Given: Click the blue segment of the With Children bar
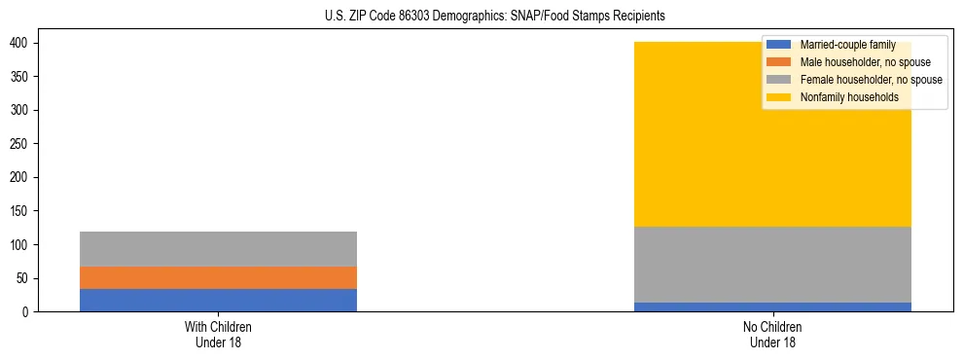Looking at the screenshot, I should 218,300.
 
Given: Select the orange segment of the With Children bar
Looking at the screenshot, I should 218,277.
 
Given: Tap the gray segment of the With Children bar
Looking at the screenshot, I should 218,248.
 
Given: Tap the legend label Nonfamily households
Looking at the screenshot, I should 848,97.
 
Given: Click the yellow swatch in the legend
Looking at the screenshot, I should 779,97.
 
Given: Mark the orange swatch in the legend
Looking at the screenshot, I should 779,62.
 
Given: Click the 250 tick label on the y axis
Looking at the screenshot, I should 27,144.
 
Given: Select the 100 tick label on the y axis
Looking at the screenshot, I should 27,244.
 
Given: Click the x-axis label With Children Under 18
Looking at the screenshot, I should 218,334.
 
